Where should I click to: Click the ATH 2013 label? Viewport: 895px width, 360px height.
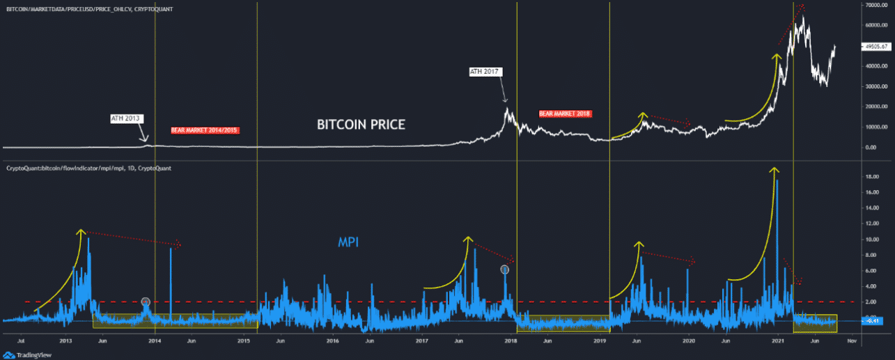[x=126, y=118]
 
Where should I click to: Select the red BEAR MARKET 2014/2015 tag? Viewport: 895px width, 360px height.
[x=205, y=130]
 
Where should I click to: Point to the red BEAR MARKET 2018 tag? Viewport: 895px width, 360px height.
[x=565, y=114]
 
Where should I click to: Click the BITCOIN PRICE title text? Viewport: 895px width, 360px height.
[x=361, y=125]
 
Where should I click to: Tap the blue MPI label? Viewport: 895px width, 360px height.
[x=349, y=242]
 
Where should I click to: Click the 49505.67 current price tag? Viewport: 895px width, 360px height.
[x=875, y=47]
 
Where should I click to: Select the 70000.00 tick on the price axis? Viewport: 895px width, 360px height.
[x=874, y=6]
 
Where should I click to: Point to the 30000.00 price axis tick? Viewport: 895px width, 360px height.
[x=874, y=87]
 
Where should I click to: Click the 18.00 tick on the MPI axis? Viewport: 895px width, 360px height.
[x=871, y=177]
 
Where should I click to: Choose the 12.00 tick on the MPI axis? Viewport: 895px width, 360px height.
[x=871, y=224]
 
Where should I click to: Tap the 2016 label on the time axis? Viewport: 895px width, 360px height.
[x=333, y=342]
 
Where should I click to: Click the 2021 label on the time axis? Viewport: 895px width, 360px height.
[x=778, y=342]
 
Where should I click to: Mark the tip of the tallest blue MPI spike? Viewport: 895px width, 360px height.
[x=777, y=180]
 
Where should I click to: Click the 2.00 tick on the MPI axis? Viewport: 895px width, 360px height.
[x=871, y=302]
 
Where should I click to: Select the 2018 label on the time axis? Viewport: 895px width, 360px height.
[x=511, y=342]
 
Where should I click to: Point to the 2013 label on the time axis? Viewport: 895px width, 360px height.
[x=66, y=342]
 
